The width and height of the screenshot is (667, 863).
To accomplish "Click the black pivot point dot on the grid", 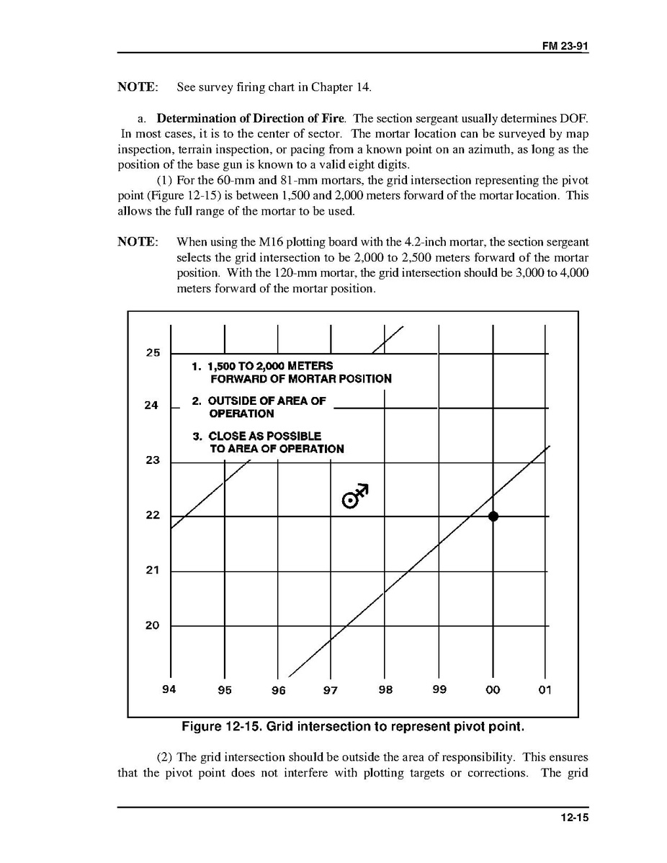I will click(493, 516).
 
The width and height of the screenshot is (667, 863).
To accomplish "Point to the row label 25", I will click(153, 353).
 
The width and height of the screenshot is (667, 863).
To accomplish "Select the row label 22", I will click(153, 516).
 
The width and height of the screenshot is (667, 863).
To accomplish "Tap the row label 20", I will click(153, 625).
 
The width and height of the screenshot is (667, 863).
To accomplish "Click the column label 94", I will click(169, 689).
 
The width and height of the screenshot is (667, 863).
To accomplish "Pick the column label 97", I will click(331, 690).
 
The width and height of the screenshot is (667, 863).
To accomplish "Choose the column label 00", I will click(493, 690).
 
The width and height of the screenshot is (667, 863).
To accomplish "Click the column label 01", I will click(545, 690).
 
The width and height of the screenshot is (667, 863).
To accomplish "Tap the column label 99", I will click(439, 689).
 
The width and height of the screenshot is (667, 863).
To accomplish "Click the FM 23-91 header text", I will click(565, 45).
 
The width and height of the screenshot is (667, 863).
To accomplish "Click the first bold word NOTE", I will click(138, 87).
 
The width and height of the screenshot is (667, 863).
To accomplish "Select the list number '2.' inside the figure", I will click(197, 401).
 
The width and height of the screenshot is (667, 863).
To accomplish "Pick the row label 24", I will click(151, 406).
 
